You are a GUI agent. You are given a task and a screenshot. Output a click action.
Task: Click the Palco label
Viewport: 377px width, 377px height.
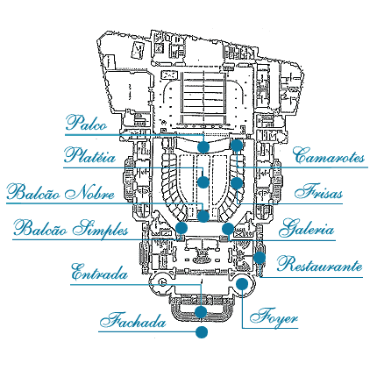click(x=87, y=123)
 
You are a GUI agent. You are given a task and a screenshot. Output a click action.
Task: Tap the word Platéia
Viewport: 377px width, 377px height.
click(x=90, y=155)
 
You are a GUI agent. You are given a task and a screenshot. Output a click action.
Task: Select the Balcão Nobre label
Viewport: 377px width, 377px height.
click(x=60, y=192)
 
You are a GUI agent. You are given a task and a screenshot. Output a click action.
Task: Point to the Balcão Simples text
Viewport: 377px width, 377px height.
click(x=71, y=228)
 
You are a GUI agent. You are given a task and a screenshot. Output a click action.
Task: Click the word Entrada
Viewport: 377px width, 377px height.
click(x=100, y=272)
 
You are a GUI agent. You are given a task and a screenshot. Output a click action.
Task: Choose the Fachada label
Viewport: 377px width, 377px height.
click(x=133, y=320)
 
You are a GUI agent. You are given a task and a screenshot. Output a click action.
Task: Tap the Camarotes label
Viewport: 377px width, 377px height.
click(x=329, y=155)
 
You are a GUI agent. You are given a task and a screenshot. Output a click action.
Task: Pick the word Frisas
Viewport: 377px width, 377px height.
click(x=318, y=191)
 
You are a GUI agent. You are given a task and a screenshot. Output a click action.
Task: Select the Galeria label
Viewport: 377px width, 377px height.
click(x=306, y=228)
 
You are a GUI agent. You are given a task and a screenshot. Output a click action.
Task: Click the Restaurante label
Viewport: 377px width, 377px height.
click(x=320, y=264)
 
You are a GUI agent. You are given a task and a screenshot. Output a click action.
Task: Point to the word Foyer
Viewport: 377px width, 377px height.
click(x=274, y=316)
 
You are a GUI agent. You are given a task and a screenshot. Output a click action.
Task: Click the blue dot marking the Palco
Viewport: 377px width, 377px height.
click(x=203, y=147)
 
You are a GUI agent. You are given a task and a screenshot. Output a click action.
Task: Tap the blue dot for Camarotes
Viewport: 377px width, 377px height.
click(x=237, y=146)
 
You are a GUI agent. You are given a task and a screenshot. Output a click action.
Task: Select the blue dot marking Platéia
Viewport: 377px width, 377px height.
click(x=203, y=182)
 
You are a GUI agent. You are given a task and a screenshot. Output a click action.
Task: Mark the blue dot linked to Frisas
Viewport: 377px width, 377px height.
click(x=237, y=183)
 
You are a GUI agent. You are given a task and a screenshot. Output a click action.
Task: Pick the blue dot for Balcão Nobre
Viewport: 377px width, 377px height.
click(x=203, y=217)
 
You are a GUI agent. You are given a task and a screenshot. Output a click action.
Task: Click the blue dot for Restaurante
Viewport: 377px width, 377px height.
click(x=260, y=258)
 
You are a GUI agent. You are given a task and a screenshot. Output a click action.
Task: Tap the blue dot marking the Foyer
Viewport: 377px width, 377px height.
click(x=242, y=284)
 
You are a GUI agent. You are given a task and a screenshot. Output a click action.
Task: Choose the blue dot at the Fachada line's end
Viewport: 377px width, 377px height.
click(x=202, y=332)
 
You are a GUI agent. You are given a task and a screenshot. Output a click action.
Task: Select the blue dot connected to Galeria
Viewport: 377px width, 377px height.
click(x=228, y=229)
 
